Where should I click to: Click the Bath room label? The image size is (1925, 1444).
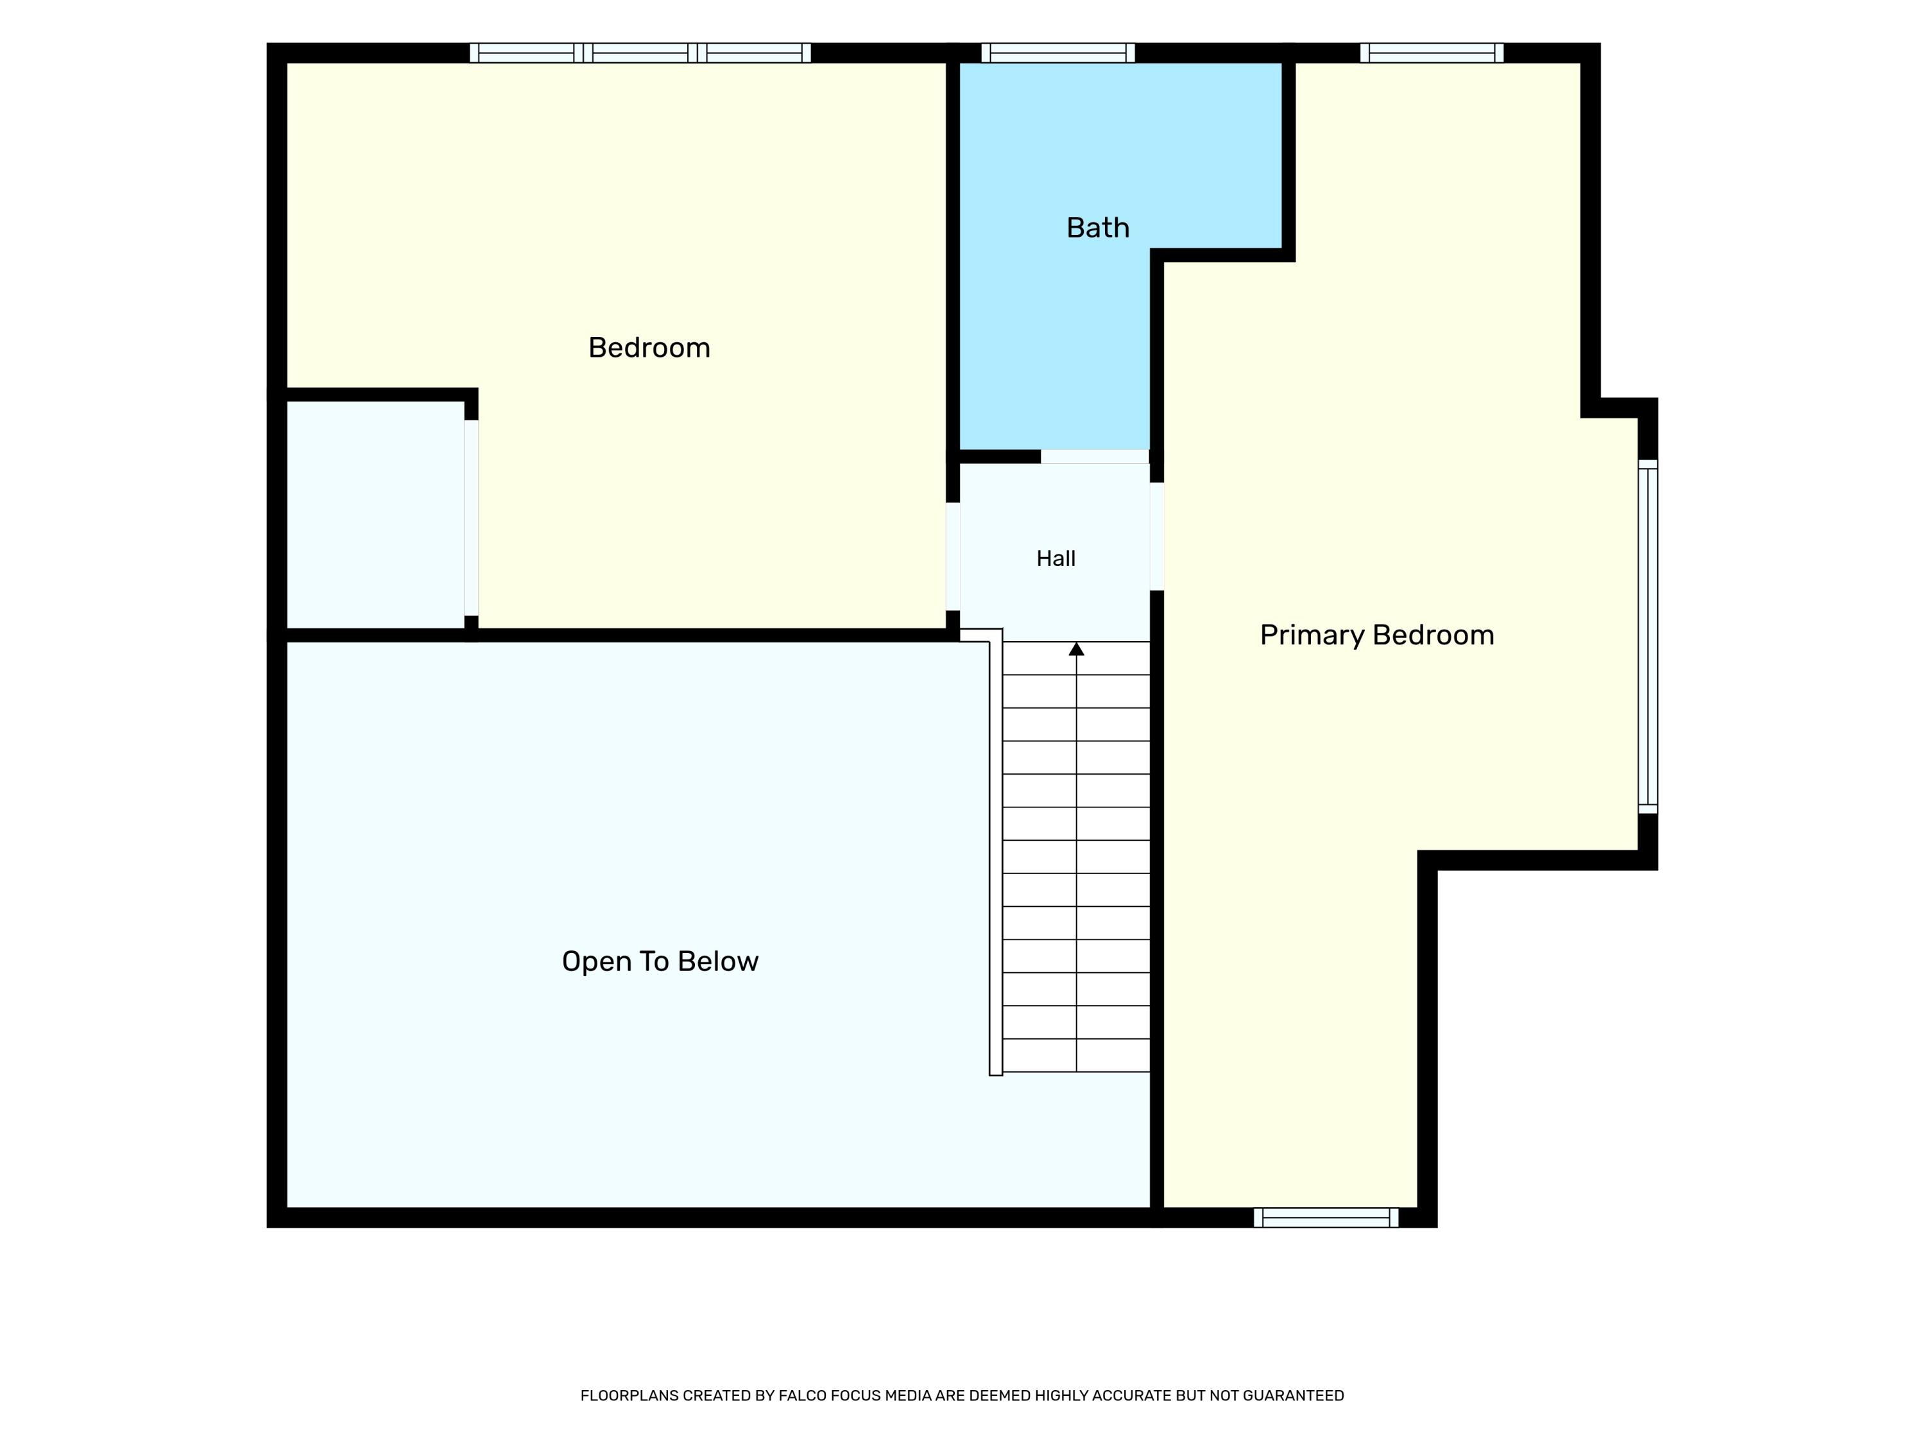(x=1097, y=228)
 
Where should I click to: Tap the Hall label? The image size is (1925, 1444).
(x=1056, y=559)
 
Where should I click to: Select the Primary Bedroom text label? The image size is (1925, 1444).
(x=1377, y=635)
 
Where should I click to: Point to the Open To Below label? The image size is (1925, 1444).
(x=660, y=962)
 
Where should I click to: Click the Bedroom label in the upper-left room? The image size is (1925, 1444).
(x=649, y=348)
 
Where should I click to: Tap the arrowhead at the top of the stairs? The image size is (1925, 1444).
(x=1077, y=648)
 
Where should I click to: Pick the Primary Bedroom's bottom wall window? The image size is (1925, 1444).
(x=1326, y=1217)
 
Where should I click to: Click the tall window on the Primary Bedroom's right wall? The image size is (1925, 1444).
(x=1648, y=636)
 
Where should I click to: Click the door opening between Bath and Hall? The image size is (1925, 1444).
(x=1095, y=457)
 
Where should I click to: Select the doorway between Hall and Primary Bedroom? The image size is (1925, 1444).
(x=1158, y=536)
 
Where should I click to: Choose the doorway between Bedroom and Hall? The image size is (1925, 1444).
(x=953, y=556)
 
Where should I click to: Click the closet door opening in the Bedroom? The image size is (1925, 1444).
(x=471, y=518)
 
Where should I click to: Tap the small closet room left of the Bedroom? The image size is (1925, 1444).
(x=375, y=515)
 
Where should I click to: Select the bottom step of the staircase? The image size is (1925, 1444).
(x=1077, y=1055)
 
